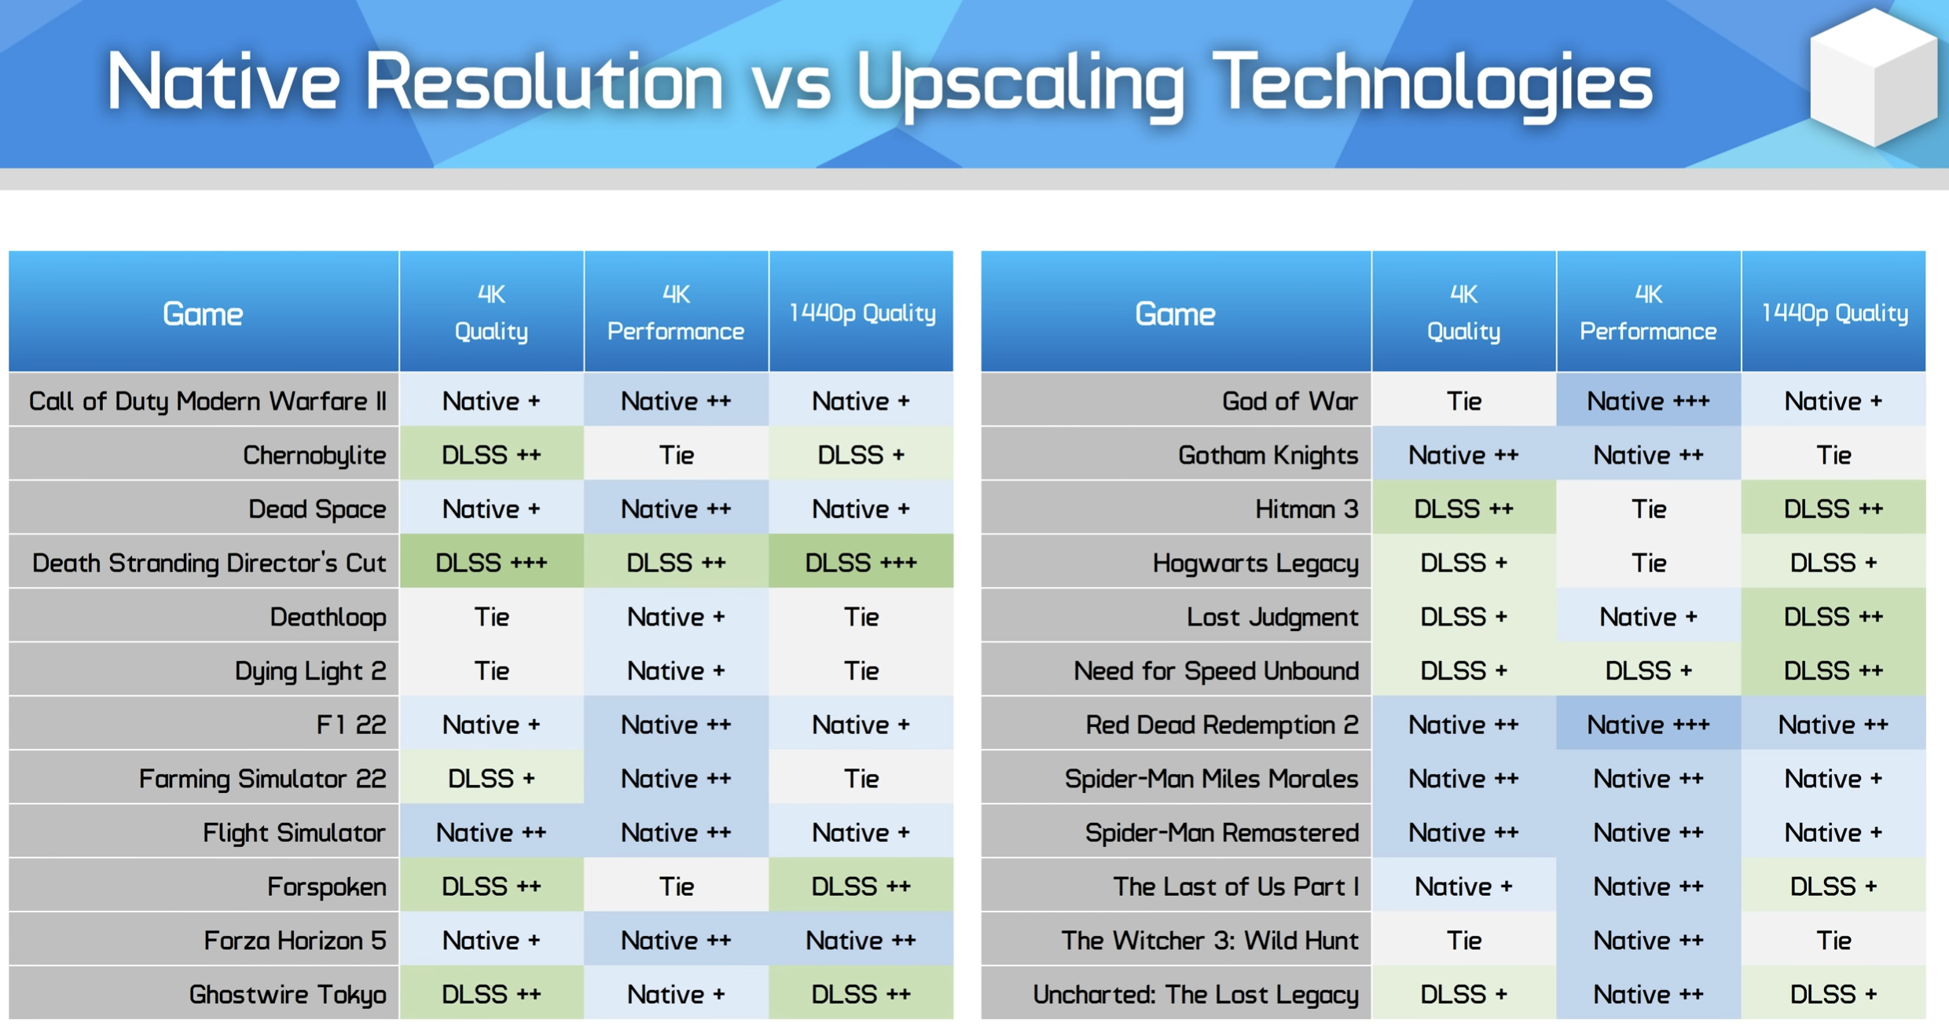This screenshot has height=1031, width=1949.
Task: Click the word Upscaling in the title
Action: pyautogui.click(x=1019, y=83)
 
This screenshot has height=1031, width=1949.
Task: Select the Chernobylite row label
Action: pyautogui.click(x=314, y=455)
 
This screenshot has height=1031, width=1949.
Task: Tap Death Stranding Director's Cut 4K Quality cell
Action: pyautogui.click(x=492, y=563)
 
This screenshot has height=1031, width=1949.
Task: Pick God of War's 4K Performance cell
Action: pyautogui.click(x=1649, y=401)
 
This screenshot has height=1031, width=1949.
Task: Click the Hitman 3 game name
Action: pyautogui.click(x=1306, y=509)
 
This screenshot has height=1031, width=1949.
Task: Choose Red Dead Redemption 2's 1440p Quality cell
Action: pyautogui.click(x=1833, y=725)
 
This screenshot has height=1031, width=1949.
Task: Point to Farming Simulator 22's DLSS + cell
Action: pyautogui.click(x=492, y=779)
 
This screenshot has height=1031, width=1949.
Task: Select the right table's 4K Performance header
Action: pyautogui.click(x=1649, y=312)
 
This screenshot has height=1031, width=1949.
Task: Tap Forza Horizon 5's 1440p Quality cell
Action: pyautogui.click(x=861, y=941)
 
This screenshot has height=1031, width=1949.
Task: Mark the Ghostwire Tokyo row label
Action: pyautogui.click(x=288, y=995)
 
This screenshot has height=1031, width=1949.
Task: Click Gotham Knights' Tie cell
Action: pyautogui.click(x=1833, y=455)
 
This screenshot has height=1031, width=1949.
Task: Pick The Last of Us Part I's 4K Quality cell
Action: pyautogui.click(x=1464, y=886)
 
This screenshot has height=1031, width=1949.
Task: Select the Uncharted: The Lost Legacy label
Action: pyautogui.click(x=1195, y=995)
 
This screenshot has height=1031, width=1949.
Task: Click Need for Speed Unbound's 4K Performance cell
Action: pyautogui.click(x=1649, y=671)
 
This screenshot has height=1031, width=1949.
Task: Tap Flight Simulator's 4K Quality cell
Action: pyautogui.click(x=492, y=833)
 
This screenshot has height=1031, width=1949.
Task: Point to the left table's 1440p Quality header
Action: pyautogui.click(x=861, y=312)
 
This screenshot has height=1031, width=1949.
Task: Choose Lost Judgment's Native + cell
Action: pyautogui.click(x=1649, y=617)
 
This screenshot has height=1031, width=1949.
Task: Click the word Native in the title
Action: pyautogui.click(x=223, y=81)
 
